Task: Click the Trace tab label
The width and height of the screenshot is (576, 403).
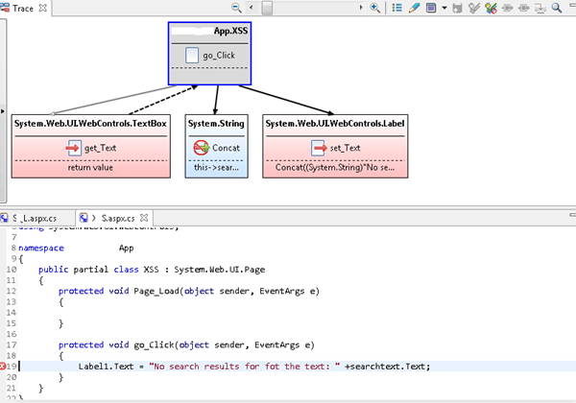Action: pyautogui.click(x=24, y=8)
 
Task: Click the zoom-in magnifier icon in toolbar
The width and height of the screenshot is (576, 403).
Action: pyautogui.click(x=375, y=8)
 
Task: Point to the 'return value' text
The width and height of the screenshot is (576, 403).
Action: pyautogui.click(x=92, y=168)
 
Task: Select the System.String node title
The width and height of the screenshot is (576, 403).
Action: pyautogui.click(x=216, y=124)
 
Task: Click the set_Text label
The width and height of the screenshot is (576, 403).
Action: pyautogui.click(x=344, y=148)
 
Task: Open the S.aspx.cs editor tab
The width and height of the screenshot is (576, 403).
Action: pyautogui.click(x=108, y=218)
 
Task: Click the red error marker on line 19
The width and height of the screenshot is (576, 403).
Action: pyautogui.click(x=5, y=366)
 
